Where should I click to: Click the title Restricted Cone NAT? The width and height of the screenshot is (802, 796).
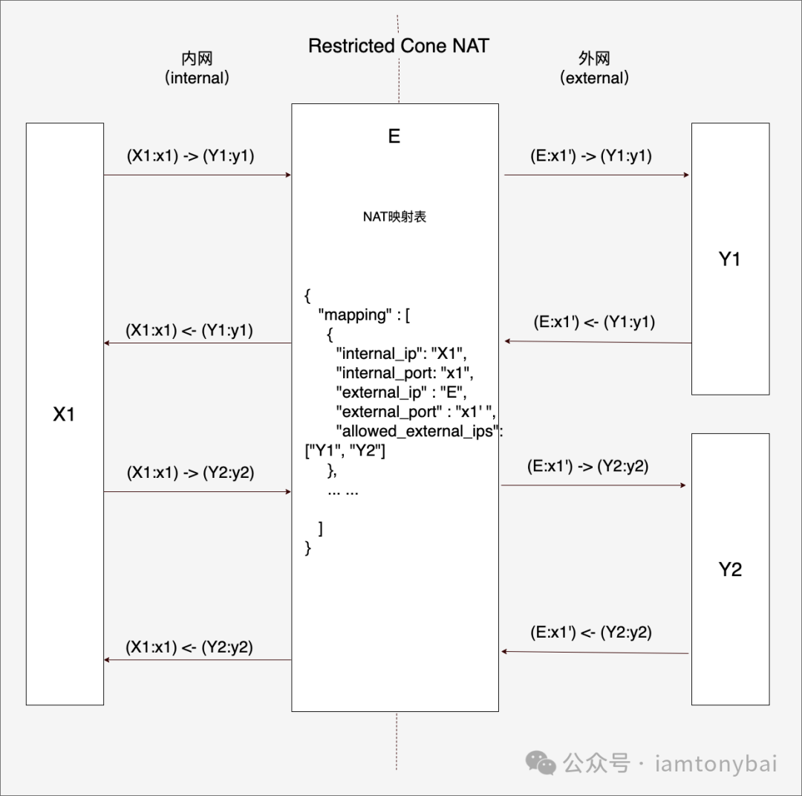point(399,46)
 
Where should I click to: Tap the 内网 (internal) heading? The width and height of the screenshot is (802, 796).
point(197,68)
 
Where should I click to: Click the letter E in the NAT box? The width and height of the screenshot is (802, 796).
point(394,136)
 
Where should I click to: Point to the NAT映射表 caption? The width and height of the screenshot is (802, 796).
point(394,218)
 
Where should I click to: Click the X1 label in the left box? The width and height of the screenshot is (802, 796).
point(64,415)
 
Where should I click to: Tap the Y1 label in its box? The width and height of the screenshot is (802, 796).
point(730,259)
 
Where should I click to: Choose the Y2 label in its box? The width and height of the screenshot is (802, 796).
point(730,570)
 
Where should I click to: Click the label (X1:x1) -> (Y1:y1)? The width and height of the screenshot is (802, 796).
point(191,156)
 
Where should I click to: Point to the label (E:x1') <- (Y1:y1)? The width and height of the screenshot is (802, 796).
point(594,323)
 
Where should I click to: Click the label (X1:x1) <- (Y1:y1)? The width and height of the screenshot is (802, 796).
point(189,331)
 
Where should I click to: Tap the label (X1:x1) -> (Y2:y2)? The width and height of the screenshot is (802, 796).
point(191,472)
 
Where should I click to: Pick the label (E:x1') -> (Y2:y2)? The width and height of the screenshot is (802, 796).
point(587,467)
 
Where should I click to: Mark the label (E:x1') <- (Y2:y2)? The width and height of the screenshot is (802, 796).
point(591,632)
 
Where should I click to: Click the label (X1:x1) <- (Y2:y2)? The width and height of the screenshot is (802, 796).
point(189,647)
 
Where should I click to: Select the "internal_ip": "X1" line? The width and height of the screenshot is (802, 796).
point(401,352)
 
